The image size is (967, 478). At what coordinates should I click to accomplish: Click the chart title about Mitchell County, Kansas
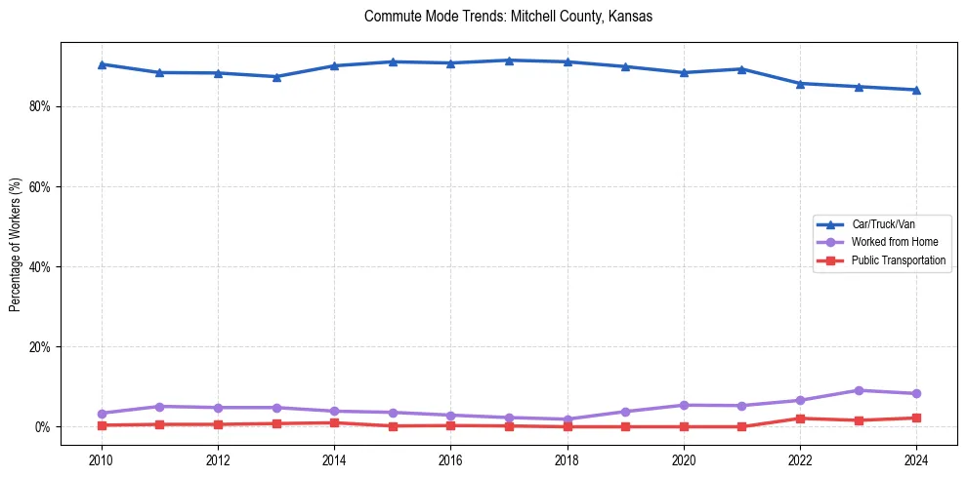(x=508, y=17)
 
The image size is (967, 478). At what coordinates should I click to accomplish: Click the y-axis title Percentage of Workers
(x=15, y=244)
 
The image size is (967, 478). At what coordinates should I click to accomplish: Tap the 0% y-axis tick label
(x=42, y=427)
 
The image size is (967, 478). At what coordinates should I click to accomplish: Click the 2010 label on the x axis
(x=101, y=459)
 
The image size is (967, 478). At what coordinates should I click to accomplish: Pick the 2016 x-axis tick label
(x=450, y=459)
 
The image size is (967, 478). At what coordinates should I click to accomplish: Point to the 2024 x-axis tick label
(x=916, y=459)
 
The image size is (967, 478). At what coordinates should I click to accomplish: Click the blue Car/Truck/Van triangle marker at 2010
(x=101, y=64)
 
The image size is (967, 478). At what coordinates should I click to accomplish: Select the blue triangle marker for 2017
(x=509, y=60)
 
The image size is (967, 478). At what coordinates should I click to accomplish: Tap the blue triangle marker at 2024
(x=916, y=90)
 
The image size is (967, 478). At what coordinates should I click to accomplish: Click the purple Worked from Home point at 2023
(x=859, y=390)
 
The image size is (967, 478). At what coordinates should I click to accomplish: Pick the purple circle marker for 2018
(x=568, y=419)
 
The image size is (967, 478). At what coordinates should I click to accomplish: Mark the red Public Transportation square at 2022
(x=800, y=418)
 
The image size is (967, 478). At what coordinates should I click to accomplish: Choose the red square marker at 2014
(x=334, y=422)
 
